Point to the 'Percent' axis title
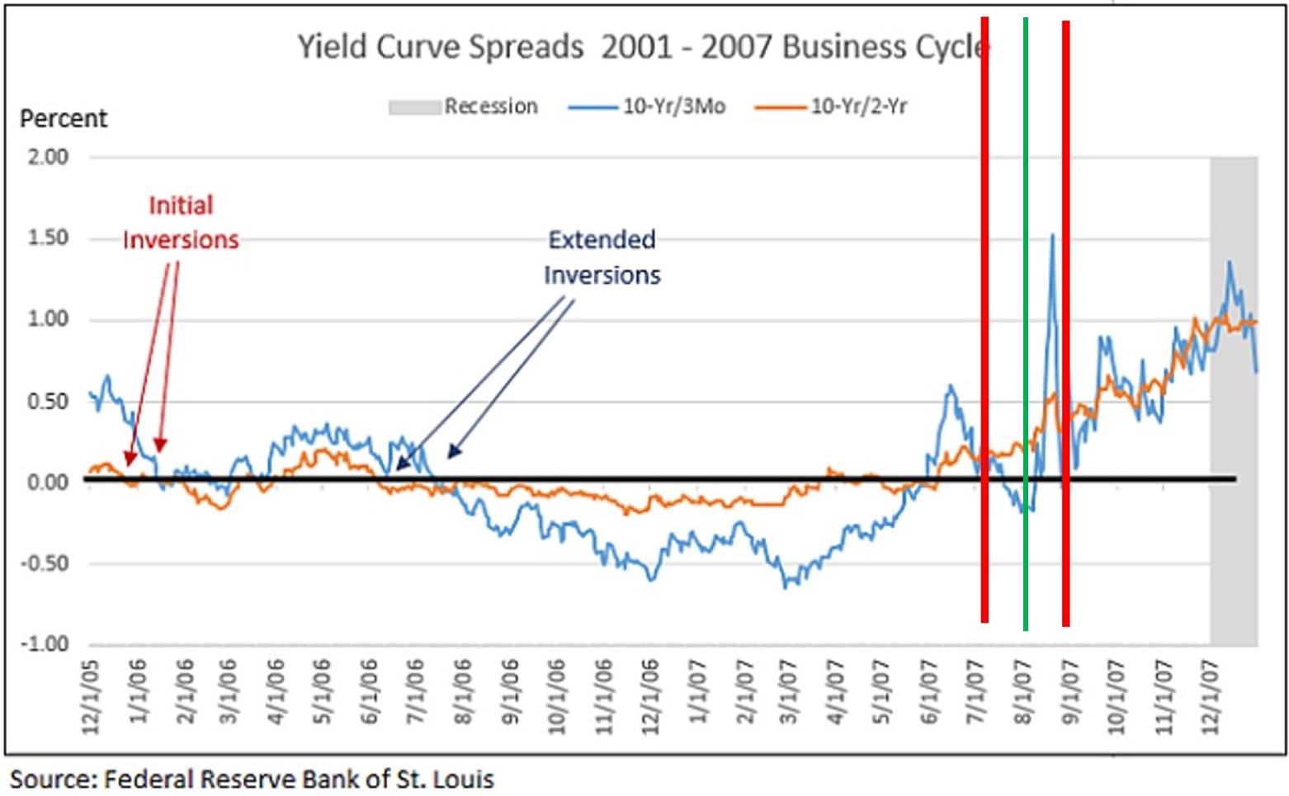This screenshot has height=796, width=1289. click(x=64, y=119)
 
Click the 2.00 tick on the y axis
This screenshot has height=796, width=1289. click(x=48, y=157)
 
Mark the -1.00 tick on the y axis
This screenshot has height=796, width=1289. click(x=45, y=644)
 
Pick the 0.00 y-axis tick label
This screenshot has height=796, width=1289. click(x=48, y=482)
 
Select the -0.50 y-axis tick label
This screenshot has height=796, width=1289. click(x=45, y=563)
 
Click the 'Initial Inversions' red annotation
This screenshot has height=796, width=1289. click(x=181, y=223)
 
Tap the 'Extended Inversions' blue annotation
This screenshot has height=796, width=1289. click(x=602, y=257)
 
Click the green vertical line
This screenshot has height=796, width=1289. click(x=1025, y=330)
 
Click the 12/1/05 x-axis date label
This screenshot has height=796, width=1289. click(x=91, y=697)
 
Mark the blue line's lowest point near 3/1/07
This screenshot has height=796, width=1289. click(x=785, y=586)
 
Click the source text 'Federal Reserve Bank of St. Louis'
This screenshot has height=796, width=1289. click(x=299, y=779)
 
